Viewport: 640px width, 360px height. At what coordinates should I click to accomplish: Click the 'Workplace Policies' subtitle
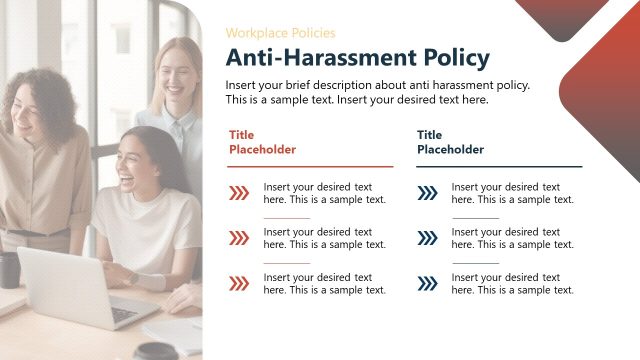click(x=280, y=33)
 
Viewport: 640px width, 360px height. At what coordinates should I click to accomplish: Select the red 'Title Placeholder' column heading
click(x=262, y=142)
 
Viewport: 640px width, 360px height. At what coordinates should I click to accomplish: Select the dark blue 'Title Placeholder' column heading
click(x=450, y=142)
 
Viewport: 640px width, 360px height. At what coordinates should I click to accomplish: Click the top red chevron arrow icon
click(x=239, y=193)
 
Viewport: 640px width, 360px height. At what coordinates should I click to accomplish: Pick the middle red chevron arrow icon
click(x=239, y=238)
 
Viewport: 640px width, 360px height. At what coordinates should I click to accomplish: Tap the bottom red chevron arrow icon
click(x=239, y=283)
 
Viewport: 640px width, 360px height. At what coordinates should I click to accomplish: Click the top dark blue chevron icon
click(x=427, y=193)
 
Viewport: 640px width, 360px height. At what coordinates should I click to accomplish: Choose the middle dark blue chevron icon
click(x=427, y=238)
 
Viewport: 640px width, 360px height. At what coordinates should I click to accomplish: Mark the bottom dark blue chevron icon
click(x=427, y=283)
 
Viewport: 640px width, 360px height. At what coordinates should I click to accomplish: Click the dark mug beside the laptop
click(x=9, y=270)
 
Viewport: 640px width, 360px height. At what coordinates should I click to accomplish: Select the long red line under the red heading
click(x=311, y=166)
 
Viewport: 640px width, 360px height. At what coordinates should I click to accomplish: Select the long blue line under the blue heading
click(x=499, y=166)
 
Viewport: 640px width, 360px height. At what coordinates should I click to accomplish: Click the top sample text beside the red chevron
click(x=324, y=193)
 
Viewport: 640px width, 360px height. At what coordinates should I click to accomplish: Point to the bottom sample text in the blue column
click(x=512, y=283)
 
